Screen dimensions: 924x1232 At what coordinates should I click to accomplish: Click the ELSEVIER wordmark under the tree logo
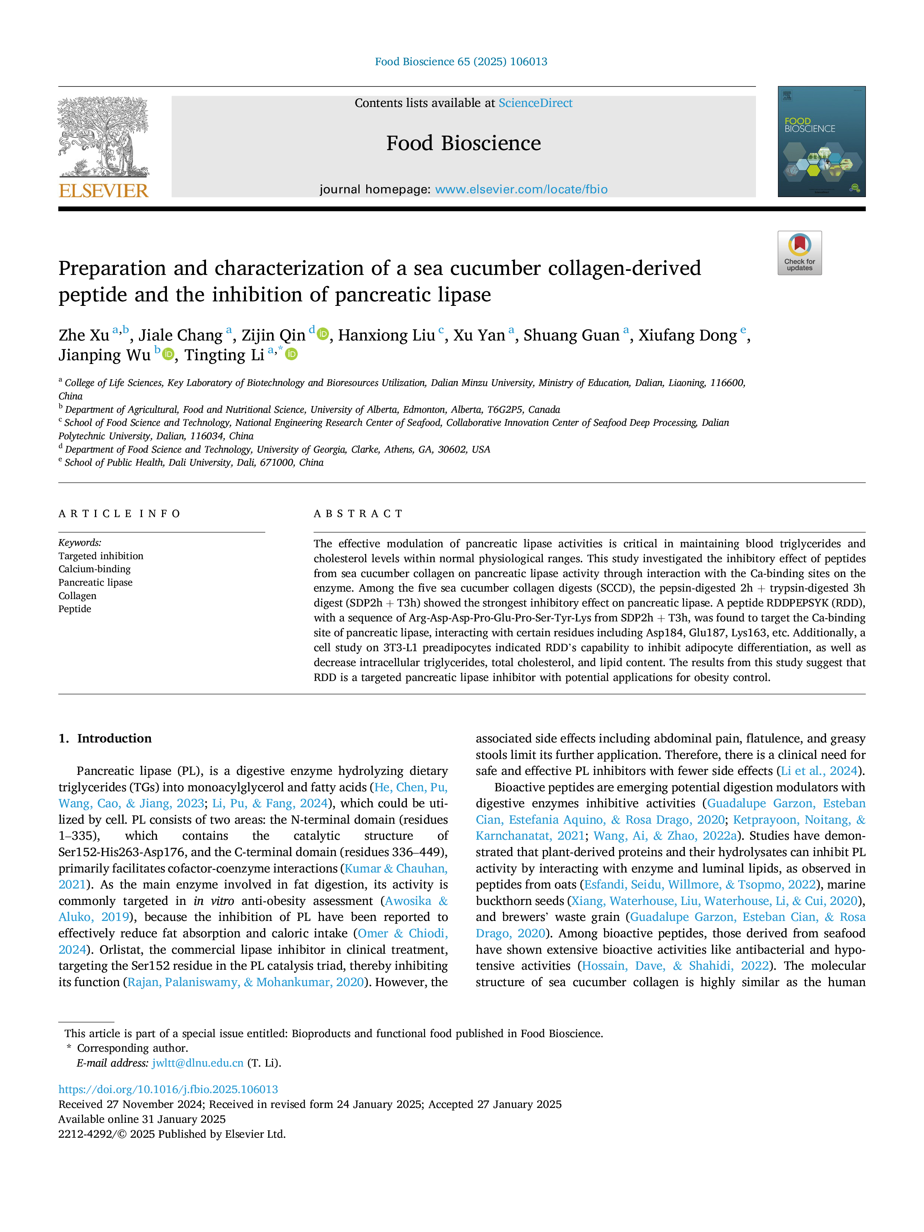[104, 191]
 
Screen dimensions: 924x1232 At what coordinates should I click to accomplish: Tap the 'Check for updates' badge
[799, 253]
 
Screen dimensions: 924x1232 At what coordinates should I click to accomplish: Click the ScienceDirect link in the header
[535, 103]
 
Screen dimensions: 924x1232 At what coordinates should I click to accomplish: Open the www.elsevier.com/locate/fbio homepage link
[521, 189]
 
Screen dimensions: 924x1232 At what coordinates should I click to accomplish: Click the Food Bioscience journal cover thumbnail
[822, 142]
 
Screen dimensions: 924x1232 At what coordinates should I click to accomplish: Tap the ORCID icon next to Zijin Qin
[323, 334]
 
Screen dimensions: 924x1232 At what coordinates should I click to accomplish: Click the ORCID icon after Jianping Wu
[168, 354]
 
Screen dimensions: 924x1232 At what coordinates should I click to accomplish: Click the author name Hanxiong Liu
[386, 335]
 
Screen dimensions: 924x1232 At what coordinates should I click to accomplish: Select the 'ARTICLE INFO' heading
[120, 513]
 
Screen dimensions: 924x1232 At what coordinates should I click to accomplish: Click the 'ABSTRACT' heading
[358, 513]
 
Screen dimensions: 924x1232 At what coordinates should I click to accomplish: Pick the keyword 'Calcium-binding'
[95, 569]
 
